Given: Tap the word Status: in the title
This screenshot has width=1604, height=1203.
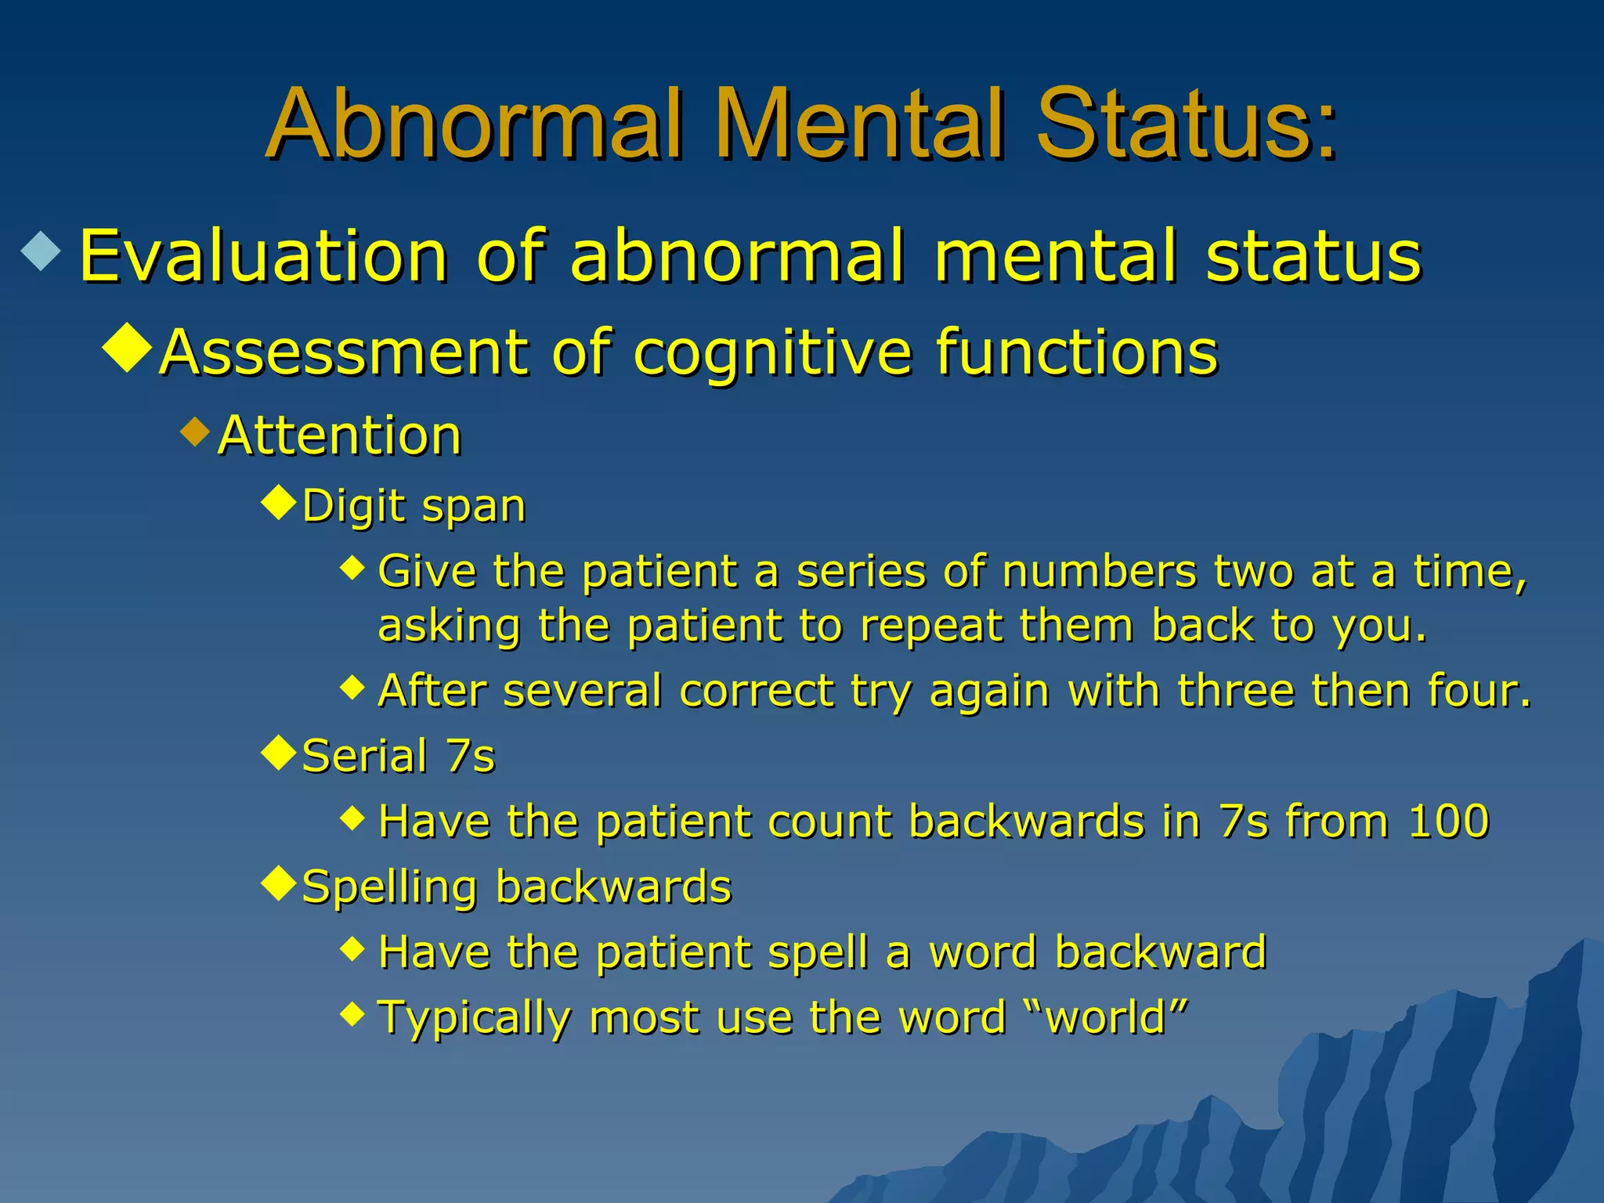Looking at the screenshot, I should point(1186,125).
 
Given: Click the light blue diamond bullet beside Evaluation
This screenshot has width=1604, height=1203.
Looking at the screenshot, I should point(42,251).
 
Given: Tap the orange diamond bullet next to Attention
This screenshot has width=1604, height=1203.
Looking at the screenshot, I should point(195,432).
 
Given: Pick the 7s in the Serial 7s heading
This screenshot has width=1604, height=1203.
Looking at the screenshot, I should point(471,757).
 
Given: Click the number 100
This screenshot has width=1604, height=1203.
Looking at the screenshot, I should point(1448,822).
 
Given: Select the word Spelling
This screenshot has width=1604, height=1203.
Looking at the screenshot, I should point(389,888).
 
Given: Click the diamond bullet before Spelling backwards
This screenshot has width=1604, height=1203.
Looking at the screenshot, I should point(279,884).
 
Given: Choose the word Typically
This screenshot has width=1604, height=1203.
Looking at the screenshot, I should point(475,1019).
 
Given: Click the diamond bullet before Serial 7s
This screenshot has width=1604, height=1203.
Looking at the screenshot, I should point(279,753).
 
